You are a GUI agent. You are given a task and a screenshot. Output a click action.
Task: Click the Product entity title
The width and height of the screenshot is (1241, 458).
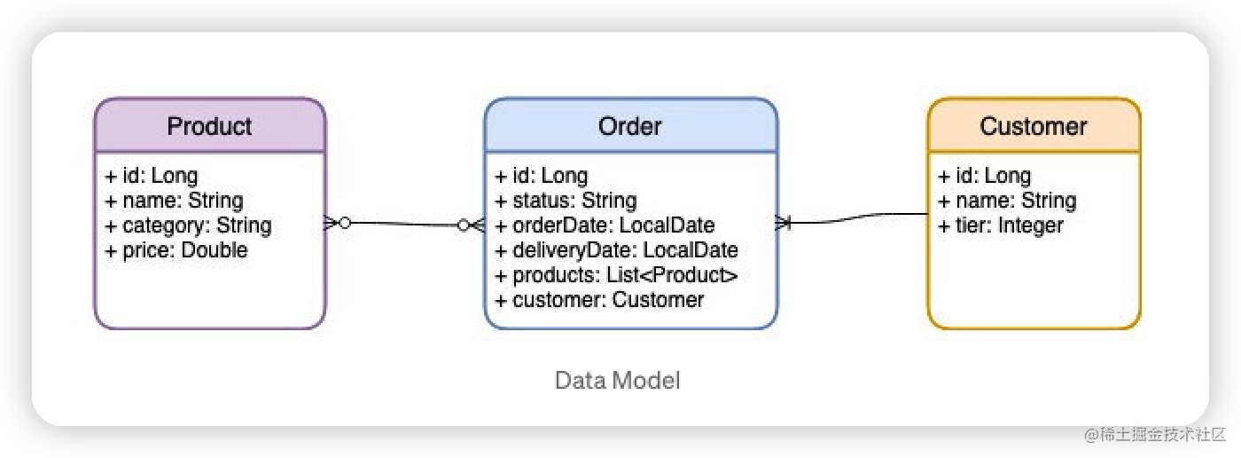click(x=209, y=126)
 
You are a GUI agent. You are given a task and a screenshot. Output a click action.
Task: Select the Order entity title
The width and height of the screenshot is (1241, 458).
click(x=629, y=126)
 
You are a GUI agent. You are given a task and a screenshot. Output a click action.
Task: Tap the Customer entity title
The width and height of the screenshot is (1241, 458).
click(x=1033, y=126)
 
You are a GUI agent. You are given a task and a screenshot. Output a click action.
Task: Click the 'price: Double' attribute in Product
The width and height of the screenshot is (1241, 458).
click(x=176, y=250)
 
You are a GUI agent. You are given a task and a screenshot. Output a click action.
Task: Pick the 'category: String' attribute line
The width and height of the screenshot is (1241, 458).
click(x=188, y=225)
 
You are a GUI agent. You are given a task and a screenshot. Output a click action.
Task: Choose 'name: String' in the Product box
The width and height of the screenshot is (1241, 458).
click(x=174, y=201)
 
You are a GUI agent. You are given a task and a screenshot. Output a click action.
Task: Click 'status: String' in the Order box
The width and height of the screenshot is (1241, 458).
click(x=566, y=201)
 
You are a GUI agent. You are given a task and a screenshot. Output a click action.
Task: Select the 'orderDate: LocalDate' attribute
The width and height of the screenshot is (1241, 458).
click(x=605, y=225)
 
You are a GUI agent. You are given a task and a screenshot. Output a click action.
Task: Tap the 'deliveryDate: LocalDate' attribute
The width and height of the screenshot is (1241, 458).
click(x=616, y=250)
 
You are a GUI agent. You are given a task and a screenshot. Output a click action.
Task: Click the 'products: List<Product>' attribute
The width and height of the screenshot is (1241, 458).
click(x=616, y=275)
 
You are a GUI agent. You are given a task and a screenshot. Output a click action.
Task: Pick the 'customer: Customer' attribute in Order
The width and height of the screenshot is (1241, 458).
click(x=599, y=300)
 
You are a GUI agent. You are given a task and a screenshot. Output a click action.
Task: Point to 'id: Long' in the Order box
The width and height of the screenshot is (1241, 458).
click(x=541, y=176)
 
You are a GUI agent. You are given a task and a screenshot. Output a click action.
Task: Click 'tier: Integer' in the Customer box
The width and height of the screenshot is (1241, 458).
click(x=1001, y=225)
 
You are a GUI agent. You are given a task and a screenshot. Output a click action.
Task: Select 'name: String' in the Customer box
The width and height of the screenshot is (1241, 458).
click(x=1007, y=201)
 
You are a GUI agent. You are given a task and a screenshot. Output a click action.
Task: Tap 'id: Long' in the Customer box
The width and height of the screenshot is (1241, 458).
click(x=984, y=176)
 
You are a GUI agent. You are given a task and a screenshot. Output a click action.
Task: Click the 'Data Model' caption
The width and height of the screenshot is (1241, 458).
click(x=617, y=381)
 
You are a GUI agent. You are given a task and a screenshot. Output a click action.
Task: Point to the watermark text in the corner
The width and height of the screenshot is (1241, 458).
click(x=1151, y=433)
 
